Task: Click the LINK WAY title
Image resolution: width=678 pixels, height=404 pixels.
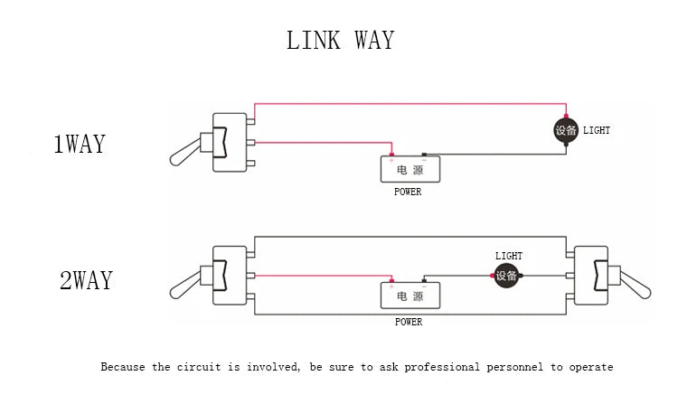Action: click(x=340, y=40)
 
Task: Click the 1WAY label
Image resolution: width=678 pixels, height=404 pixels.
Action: click(x=80, y=144)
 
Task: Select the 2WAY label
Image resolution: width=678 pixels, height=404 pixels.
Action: click(x=86, y=280)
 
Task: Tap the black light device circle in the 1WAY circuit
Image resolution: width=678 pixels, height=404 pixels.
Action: click(x=566, y=130)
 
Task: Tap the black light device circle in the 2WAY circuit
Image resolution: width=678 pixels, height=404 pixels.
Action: click(x=506, y=276)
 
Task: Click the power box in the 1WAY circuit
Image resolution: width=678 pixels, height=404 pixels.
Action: click(x=410, y=169)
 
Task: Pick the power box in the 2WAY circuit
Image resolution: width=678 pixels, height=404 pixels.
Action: click(x=410, y=296)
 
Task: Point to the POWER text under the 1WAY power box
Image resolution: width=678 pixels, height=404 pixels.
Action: click(x=408, y=192)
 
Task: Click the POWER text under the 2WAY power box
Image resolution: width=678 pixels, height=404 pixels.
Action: click(x=409, y=322)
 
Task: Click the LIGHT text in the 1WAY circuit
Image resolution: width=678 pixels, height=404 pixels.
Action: click(x=597, y=130)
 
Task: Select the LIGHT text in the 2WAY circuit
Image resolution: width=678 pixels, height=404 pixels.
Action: click(x=509, y=256)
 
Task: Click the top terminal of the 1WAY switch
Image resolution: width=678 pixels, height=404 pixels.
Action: click(x=250, y=121)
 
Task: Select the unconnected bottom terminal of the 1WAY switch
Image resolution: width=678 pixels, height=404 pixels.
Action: click(x=250, y=164)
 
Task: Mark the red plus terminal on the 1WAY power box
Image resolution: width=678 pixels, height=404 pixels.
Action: click(x=391, y=155)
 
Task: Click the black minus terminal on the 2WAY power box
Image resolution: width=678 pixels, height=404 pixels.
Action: click(x=424, y=281)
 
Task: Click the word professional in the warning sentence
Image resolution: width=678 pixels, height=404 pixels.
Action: click(x=442, y=367)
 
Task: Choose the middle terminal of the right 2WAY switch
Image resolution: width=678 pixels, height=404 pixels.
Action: click(x=570, y=276)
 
